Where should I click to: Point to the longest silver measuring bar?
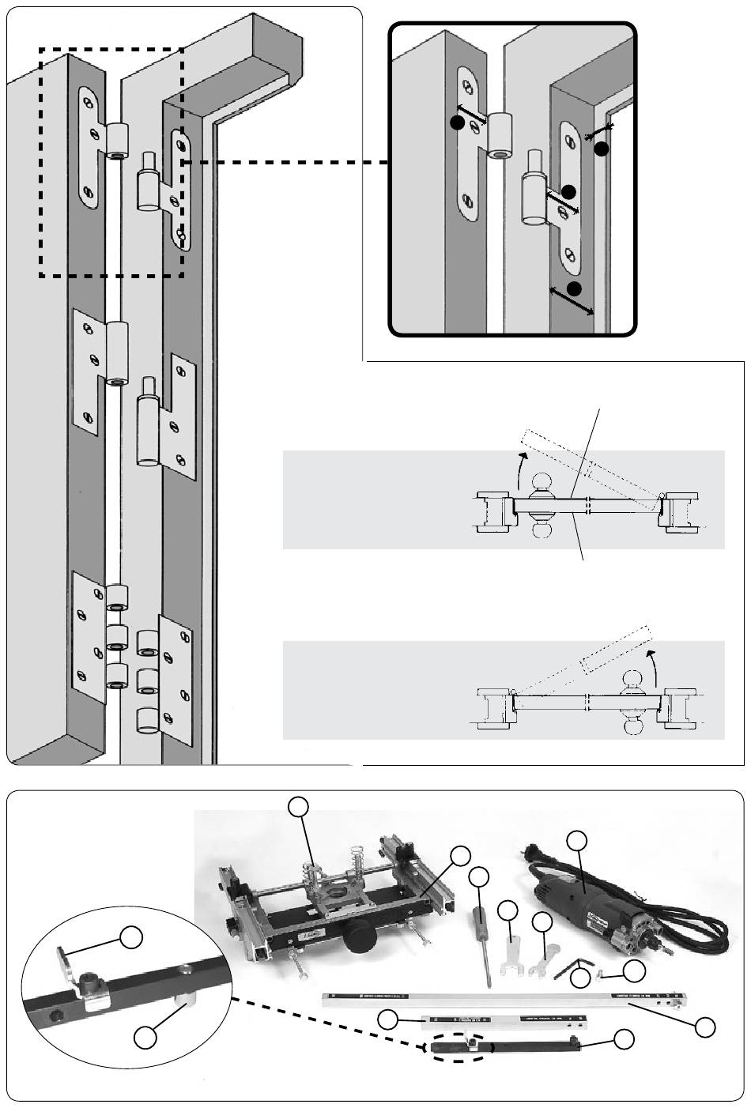[x=506, y=999]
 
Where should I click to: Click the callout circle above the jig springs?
[x=298, y=806]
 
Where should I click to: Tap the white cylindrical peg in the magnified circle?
[x=187, y=1003]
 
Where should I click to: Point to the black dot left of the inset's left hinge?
[x=456, y=122]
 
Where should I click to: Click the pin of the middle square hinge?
[x=147, y=389]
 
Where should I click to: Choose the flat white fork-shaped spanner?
[x=512, y=948]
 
